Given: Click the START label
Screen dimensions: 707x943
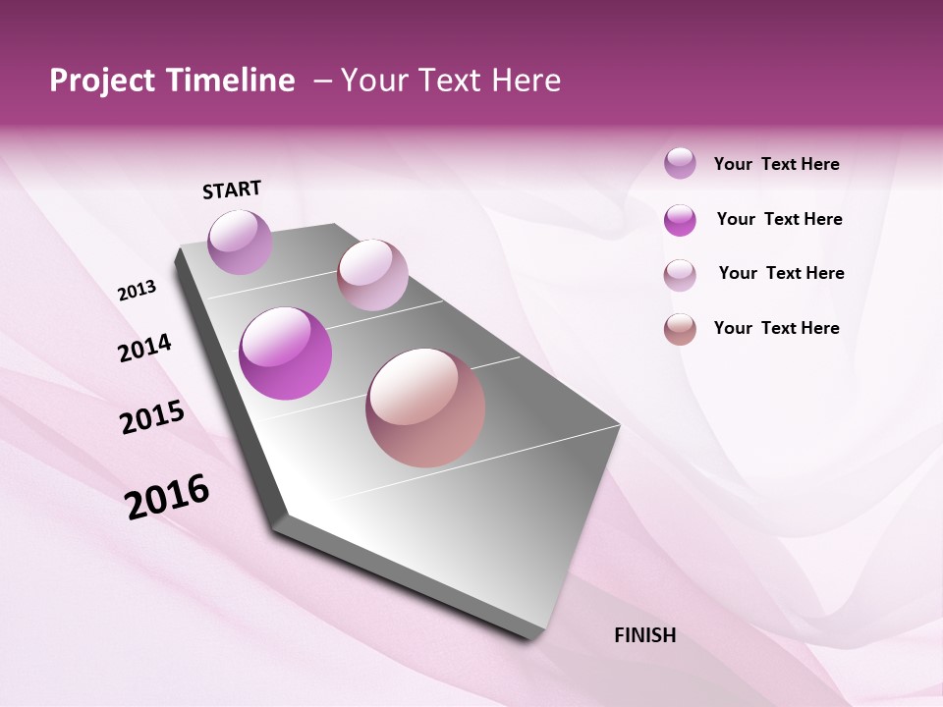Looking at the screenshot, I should pyautogui.click(x=232, y=190).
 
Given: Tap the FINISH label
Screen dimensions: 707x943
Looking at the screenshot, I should pyautogui.click(x=644, y=635).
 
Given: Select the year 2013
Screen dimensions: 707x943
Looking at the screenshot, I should pyautogui.click(x=138, y=291).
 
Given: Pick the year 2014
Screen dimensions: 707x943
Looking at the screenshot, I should pyautogui.click(x=144, y=348).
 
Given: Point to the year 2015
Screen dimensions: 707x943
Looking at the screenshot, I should pyautogui.click(x=152, y=417).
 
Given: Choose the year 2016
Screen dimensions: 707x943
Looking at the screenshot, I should pyautogui.click(x=167, y=496).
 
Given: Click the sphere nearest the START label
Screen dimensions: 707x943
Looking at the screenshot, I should pyautogui.click(x=240, y=242).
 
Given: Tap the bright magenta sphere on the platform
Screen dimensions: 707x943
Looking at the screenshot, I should pyautogui.click(x=285, y=353).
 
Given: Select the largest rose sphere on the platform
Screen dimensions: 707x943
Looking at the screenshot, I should pyautogui.click(x=425, y=408).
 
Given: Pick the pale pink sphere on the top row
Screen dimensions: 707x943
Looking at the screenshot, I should pyautogui.click(x=372, y=275).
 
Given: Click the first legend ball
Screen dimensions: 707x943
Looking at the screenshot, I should pyautogui.click(x=680, y=163).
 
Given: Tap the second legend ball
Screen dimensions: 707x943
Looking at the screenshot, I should pyautogui.click(x=680, y=220).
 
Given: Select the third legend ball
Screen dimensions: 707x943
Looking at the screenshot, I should pyautogui.click(x=680, y=275).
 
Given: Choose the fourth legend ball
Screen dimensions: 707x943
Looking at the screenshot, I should pyautogui.click(x=680, y=329).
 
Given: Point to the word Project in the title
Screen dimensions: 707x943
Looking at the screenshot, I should pyautogui.click(x=102, y=81).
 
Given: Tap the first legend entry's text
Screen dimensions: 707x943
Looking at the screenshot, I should pyautogui.click(x=776, y=164).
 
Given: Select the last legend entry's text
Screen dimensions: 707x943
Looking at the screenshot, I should pyautogui.click(x=776, y=328).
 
